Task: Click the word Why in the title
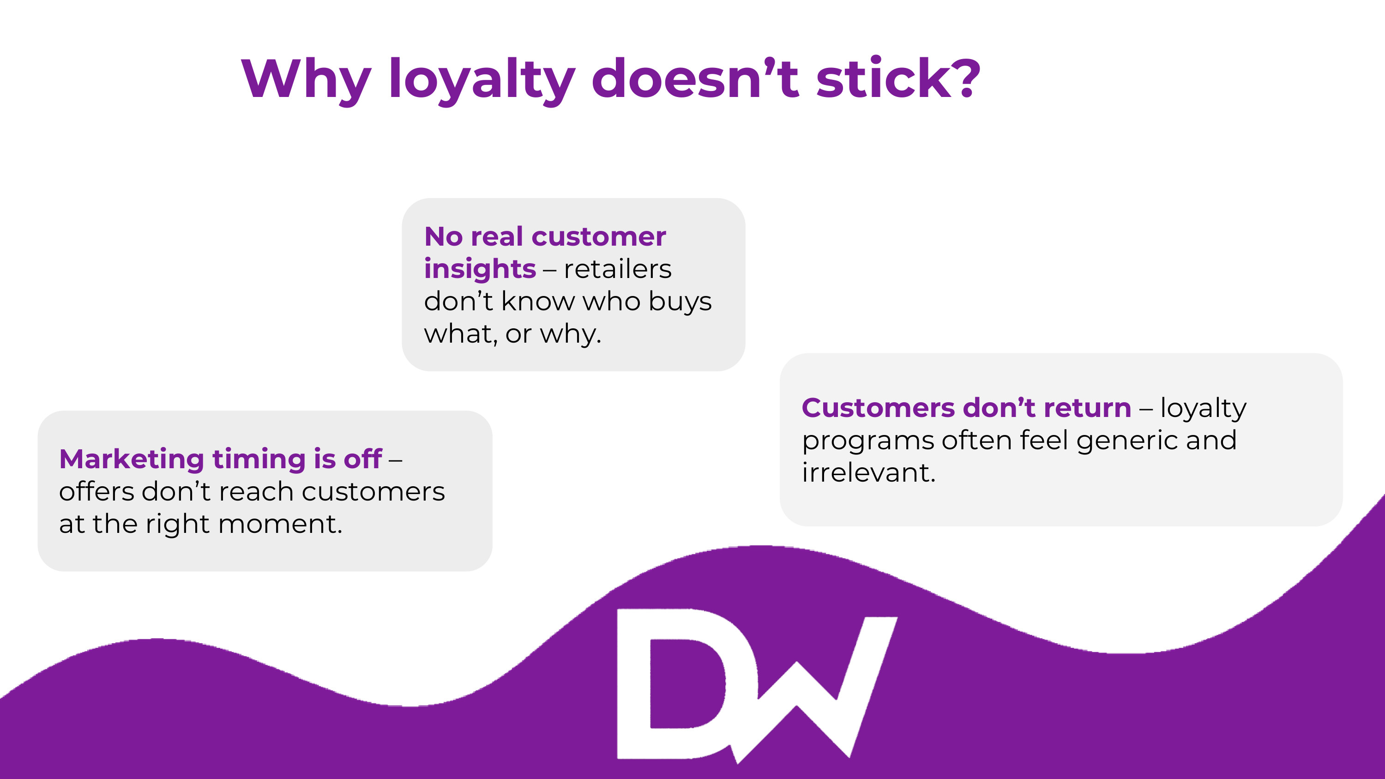[x=306, y=79]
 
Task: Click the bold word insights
[x=480, y=269]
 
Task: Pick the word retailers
[x=618, y=269]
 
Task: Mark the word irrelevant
[x=869, y=472]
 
